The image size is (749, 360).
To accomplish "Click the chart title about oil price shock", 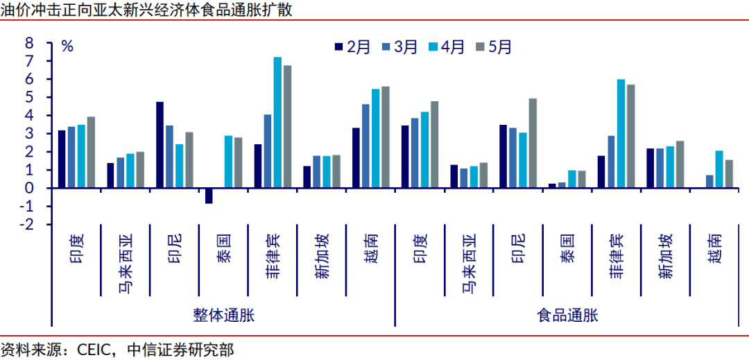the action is click(146, 10).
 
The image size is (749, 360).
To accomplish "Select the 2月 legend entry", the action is click(352, 46).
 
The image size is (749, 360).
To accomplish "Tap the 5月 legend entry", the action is click(494, 46).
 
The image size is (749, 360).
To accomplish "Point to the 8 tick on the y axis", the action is click(30, 43).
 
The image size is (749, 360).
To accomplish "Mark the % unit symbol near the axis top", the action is click(67, 46).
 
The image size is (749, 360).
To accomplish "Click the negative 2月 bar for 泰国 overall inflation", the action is click(209, 196).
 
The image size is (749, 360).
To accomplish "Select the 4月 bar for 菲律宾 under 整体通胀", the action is click(277, 123).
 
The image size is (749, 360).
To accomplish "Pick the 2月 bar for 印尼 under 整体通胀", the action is click(160, 145).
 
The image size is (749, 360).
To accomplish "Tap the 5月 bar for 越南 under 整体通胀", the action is click(385, 137).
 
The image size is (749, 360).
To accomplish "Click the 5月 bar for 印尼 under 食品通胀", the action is click(532, 143).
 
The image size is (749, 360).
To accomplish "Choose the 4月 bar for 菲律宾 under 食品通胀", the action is click(621, 134).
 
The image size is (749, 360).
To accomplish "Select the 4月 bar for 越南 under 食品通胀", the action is click(719, 169).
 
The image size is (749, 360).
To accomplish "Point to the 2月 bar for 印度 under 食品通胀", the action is click(405, 157).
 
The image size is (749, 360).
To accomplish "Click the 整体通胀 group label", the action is click(224, 316).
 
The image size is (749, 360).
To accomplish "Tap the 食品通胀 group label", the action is click(567, 316).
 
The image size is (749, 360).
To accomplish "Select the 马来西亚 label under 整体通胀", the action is click(125, 259).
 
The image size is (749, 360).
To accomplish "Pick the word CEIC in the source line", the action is click(94, 350).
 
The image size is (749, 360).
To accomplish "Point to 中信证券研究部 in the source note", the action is click(181, 350).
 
